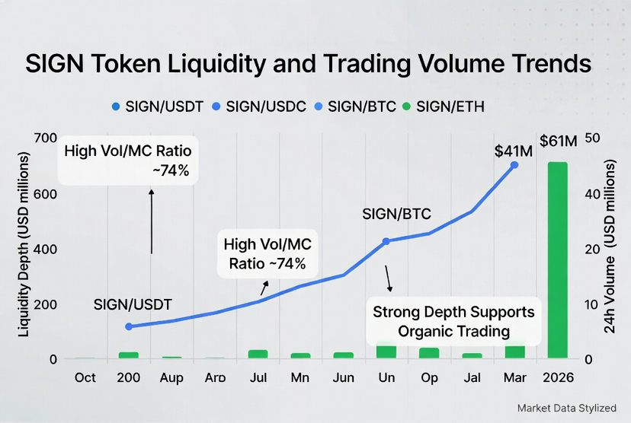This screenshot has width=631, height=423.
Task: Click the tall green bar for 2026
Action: click(557, 259)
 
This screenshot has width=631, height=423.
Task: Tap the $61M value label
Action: click(559, 142)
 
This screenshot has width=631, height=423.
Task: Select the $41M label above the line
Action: click(514, 151)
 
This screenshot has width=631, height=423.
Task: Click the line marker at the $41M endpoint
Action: click(514, 164)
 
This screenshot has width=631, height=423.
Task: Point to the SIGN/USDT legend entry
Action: click(156, 107)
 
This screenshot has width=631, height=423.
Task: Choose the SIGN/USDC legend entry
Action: click(260, 107)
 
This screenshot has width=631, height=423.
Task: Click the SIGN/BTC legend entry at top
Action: click(354, 107)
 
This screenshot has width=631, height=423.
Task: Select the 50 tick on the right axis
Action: click(592, 138)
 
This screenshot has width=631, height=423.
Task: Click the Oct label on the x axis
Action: click(85, 377)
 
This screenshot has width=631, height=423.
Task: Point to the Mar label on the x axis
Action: click(515, 377)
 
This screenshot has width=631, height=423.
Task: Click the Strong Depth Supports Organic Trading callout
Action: click(453, 321)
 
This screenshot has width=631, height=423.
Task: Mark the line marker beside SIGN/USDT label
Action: click(129, 326)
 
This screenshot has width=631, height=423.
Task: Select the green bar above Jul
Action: click(258, 354)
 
